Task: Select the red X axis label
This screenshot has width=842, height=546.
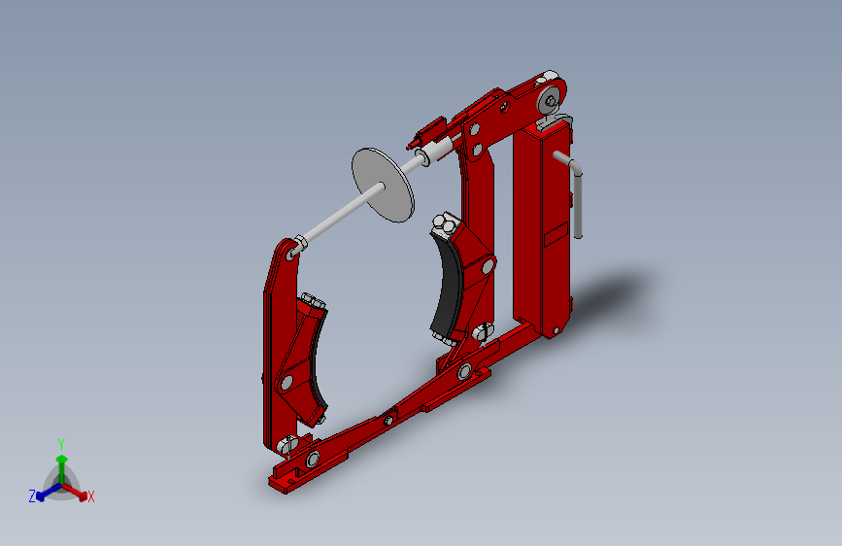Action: coord(91,496)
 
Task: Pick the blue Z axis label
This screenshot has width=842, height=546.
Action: coord(32,495)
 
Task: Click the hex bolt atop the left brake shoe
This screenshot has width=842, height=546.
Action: coord(310,300)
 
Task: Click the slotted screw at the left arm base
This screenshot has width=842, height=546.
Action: coord(286,444)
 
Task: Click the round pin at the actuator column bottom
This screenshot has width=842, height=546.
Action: coord(554,331)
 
